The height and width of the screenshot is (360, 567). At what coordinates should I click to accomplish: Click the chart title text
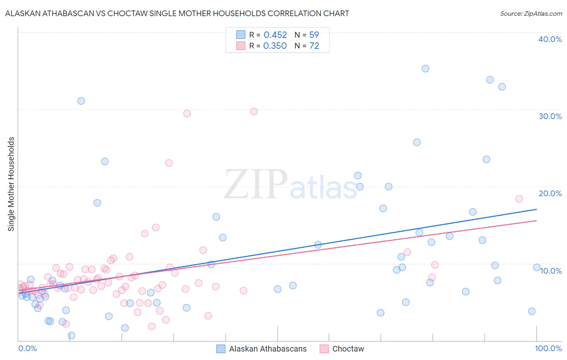click(x=177, y=13)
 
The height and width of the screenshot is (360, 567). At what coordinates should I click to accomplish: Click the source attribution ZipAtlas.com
click(x=531, y=13)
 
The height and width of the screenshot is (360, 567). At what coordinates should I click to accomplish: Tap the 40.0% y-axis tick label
click(x=550, y=39)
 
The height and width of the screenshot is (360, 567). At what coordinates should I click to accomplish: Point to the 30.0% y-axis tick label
click(x=550, y=116)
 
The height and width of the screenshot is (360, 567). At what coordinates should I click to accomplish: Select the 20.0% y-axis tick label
click(x=550, y=193)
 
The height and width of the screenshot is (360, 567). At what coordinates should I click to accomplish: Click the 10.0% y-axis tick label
click(x=551, y=271)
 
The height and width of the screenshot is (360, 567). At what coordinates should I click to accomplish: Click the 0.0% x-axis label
click(x=27, y=348)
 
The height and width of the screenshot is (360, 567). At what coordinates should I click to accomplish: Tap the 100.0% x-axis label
click(x=548, y=348)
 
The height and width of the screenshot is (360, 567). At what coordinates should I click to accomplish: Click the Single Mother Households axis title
click(x=11, y=184)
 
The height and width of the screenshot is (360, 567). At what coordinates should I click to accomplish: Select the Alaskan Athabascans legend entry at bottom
click(x=267, y=349)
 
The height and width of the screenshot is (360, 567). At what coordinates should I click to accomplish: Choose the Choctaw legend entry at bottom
click(x=348, y=349)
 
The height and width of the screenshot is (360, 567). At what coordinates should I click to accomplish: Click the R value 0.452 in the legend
click(x=275, y=35)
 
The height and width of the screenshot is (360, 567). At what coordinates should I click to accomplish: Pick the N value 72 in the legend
click(x=314, y=46)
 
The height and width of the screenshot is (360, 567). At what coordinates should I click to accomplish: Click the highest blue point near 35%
click(x=425, y=69)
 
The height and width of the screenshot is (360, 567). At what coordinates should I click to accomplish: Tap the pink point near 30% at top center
click(x=254, y=111)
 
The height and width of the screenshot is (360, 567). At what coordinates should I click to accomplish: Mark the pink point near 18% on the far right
click(x=519, y=199)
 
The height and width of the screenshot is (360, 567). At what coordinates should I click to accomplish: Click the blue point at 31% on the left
click(x=81, y=101)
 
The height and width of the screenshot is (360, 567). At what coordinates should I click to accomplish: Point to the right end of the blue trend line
click(x=536, y=209)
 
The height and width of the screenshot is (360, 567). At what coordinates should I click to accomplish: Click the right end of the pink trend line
click(x=536, y=220)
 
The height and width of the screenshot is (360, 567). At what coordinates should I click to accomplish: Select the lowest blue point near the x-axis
click(x=71, y=335)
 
